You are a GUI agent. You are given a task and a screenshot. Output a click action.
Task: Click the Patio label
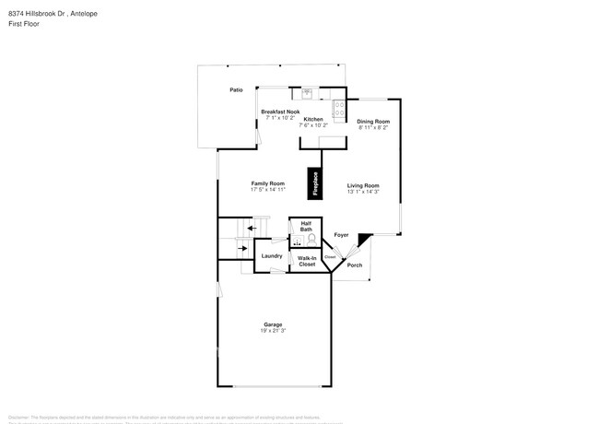pos(236,90)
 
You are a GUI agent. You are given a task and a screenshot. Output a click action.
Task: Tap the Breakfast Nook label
pos(279,112)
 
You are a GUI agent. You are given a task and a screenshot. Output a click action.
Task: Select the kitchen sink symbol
pos(308,92)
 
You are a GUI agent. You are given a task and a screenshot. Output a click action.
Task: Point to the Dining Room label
pos(373,122)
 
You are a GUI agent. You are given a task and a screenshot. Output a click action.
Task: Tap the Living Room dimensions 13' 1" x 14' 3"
pos(363,192)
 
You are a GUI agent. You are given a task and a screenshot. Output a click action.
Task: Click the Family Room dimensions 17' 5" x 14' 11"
pos(267,190)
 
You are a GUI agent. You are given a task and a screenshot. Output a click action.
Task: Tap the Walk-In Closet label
pos(307,262)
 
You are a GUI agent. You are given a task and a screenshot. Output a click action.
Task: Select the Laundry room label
pos(271,255)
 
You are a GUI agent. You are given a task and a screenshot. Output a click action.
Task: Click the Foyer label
pos(341,235)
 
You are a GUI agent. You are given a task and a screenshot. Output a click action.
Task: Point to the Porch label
pos(354,265)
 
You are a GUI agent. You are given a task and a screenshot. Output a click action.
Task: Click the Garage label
pos(273,324)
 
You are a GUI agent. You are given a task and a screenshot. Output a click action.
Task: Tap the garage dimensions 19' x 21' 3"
pos(273,331)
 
